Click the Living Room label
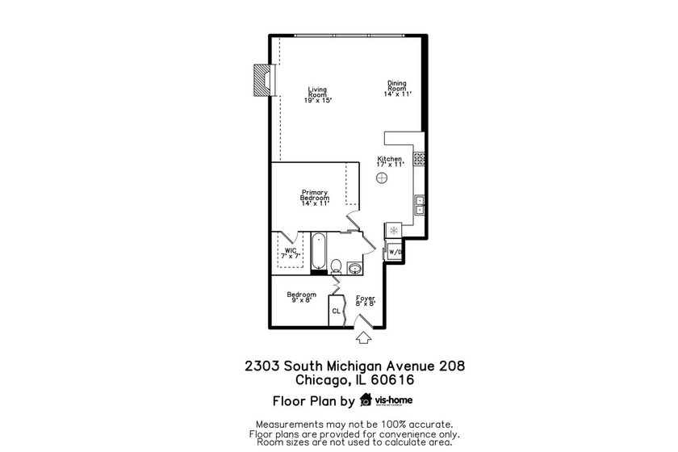(318, 94)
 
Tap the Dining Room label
(397, 89)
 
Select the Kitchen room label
(390, 161)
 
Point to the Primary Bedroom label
(315, 198)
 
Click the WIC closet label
(290, 253)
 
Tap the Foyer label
(366, 300)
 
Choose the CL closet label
(336, 311)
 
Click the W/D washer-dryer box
(395, 253)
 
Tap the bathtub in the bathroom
(318, 253)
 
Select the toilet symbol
(337, 266)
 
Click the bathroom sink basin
(354, 267)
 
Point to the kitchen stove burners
(419, 159)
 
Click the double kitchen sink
(420, 205)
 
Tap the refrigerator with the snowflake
(393, 231)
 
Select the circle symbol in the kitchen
(383, 178)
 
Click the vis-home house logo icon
(366, 400)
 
